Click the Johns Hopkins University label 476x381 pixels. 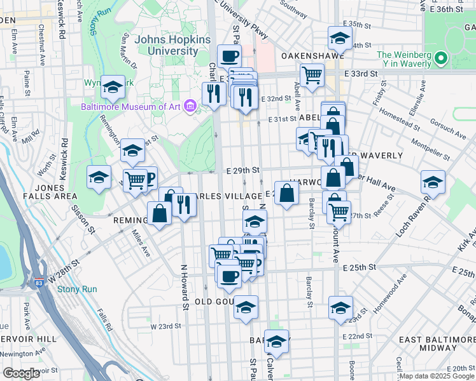[172, 45]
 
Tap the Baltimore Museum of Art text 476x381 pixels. [130, 106]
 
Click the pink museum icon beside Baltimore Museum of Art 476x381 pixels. [190, 105]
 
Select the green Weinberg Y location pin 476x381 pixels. [441, 60]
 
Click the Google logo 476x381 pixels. [21, 373]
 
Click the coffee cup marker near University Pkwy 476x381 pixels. [229, 57]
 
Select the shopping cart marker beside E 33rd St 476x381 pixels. [312, 75]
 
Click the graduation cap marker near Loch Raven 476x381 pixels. [433, 182]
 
